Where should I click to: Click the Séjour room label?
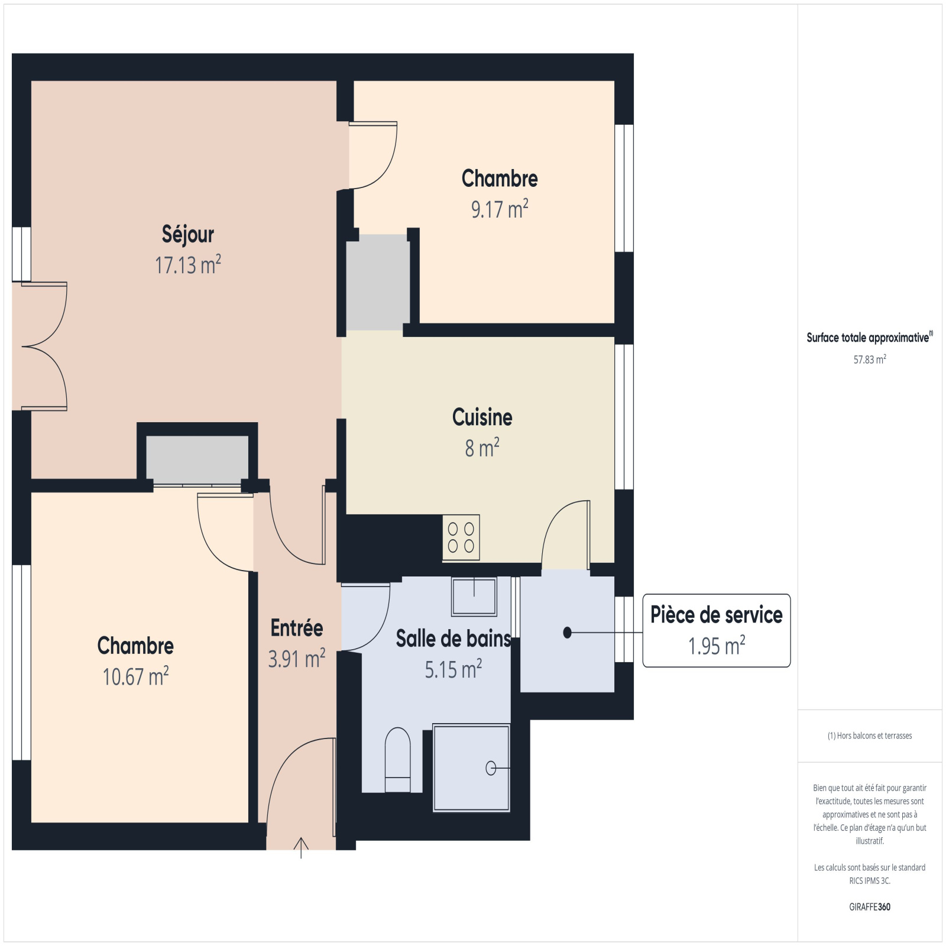(188, 234)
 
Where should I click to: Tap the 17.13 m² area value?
(188, 265)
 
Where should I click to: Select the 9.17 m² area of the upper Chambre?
(500, 209)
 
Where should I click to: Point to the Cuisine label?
(482, 417)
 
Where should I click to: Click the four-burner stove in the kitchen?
(461, 537)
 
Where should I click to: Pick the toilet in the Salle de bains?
(397, 760)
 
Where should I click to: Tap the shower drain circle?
(491, 768)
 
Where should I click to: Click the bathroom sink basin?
(474, 596)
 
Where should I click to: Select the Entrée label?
(297, 628)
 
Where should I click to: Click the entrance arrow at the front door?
(301, 848)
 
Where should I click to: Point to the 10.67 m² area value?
(136, 676)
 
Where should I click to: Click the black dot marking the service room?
(568, 633)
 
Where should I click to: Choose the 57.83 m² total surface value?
(870, 359)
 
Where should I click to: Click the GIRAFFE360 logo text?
(870, 907)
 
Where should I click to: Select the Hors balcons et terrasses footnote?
(870, 736)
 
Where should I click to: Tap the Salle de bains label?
(453, 639)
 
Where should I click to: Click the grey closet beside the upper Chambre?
(378, 283)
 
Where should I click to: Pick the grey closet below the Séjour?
(197, 460)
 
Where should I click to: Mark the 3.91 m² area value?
(297, 659)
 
